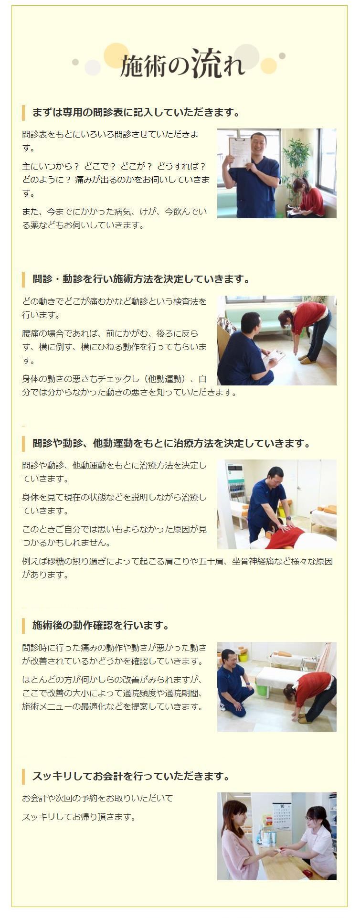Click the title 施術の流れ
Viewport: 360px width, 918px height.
tap(182, 64)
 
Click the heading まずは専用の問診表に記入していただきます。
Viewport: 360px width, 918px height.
tap(136, 113)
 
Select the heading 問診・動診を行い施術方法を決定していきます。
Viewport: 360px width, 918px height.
tap(141, 279)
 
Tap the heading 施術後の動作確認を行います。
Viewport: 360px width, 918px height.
tap(101, 625)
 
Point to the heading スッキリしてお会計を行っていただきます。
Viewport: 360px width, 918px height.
tap(131, 776)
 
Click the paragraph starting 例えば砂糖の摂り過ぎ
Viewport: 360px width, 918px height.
tap(177, 568)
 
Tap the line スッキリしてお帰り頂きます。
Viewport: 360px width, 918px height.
tap(79, 817)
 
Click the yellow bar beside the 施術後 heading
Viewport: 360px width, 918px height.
tap(23, 625)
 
